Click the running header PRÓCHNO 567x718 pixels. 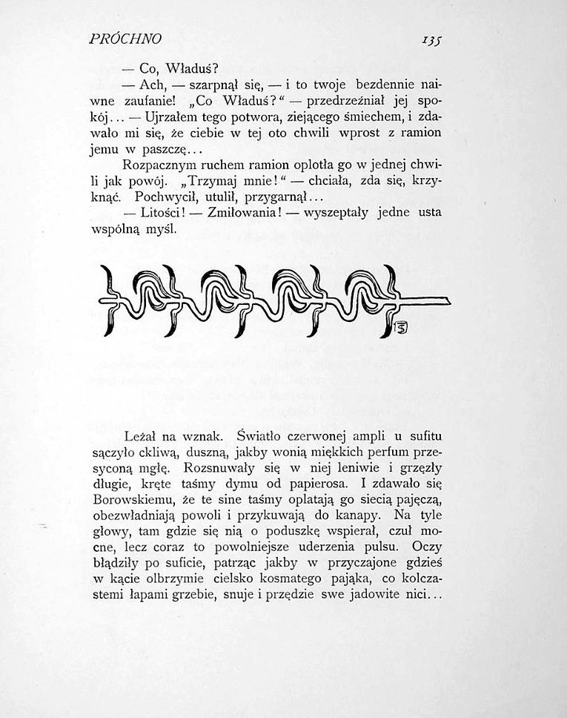tap(125, 38)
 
